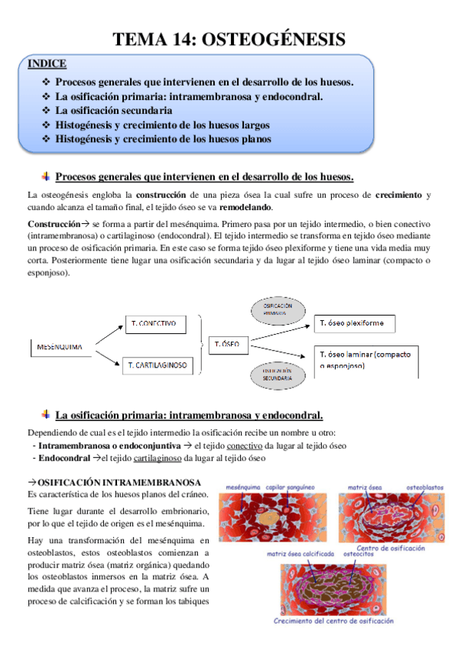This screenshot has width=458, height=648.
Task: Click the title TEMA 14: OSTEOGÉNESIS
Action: tap(229, 39)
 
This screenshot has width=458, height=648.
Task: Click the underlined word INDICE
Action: tap(46, 63)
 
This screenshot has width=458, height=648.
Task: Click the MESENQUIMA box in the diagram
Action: tap(62, 348)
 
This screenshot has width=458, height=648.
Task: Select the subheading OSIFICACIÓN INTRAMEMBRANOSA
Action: tap(119, 483)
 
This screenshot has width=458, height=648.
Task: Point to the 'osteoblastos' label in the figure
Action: tap(425, 486)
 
